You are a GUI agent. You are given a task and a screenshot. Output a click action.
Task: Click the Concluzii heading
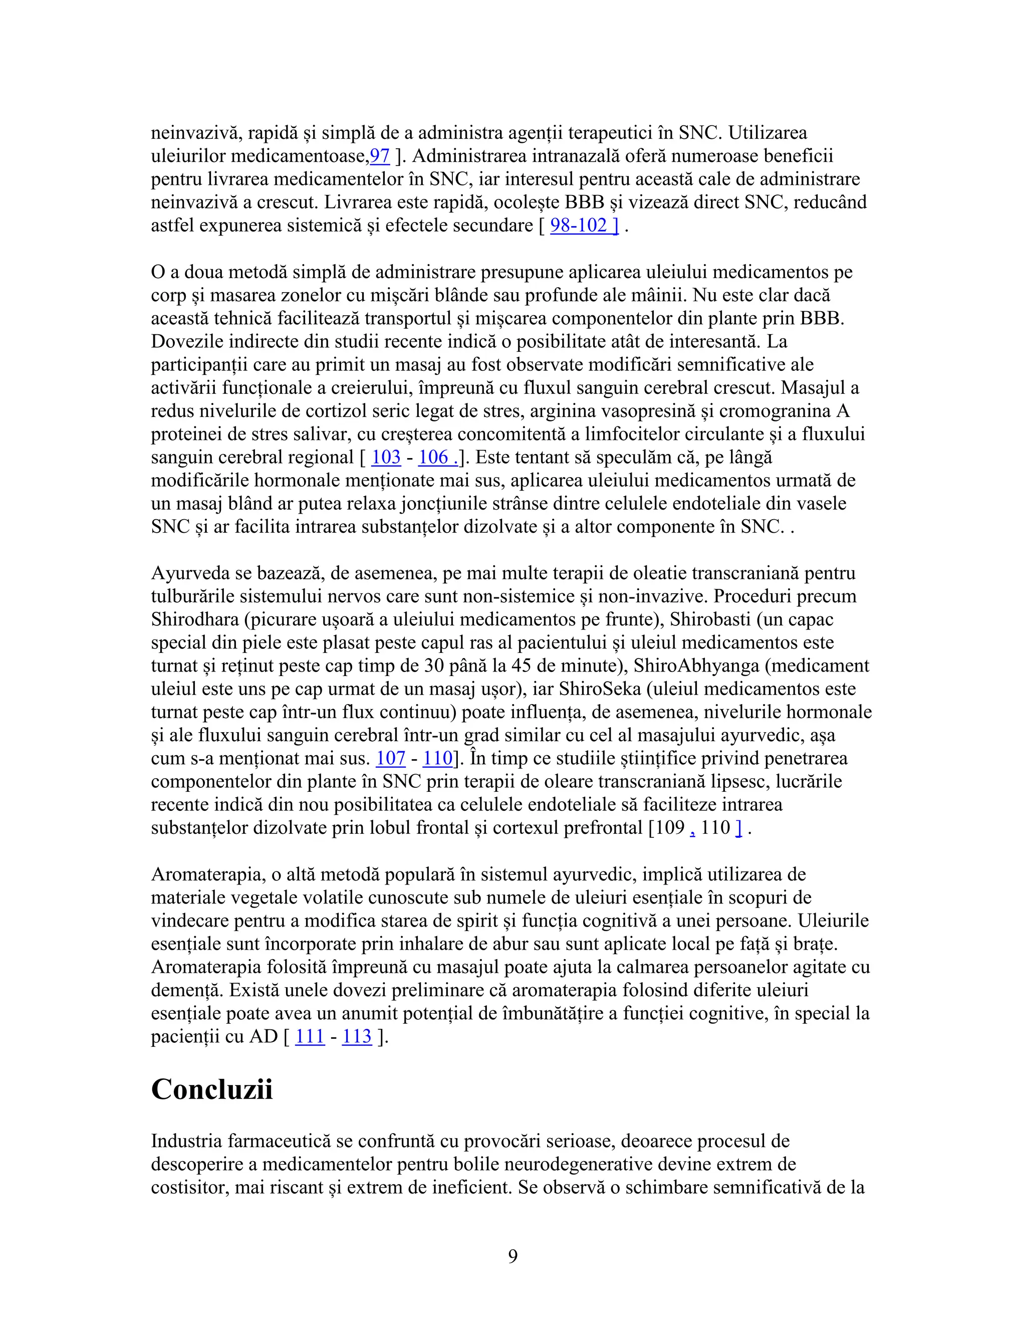[211, 1088]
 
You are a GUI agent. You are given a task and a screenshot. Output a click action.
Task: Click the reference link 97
[380, 156]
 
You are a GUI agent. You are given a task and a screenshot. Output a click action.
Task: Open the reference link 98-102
[584, 226]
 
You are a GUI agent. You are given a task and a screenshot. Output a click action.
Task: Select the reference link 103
[386, 457]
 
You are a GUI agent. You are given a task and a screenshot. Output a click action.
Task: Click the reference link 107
[390, 758]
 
